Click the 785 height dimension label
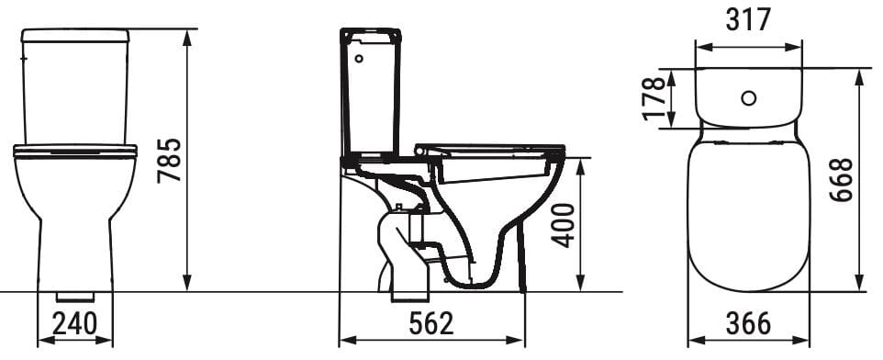pyautogui.click(x=169, y=161)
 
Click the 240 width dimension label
pyautogui.click(x=75, y=324)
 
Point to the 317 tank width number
pyautogui.click(x=749, y=18)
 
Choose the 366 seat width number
pyautogui.click(x=748, y=324)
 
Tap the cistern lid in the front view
pyautogui.click(x=75, y=35)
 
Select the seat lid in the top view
pyautogui.click(x=749, y=211)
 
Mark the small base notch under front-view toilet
pyautogui.click(x=75, y=297)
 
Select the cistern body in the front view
pyautogui.click(x=75, y=92)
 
